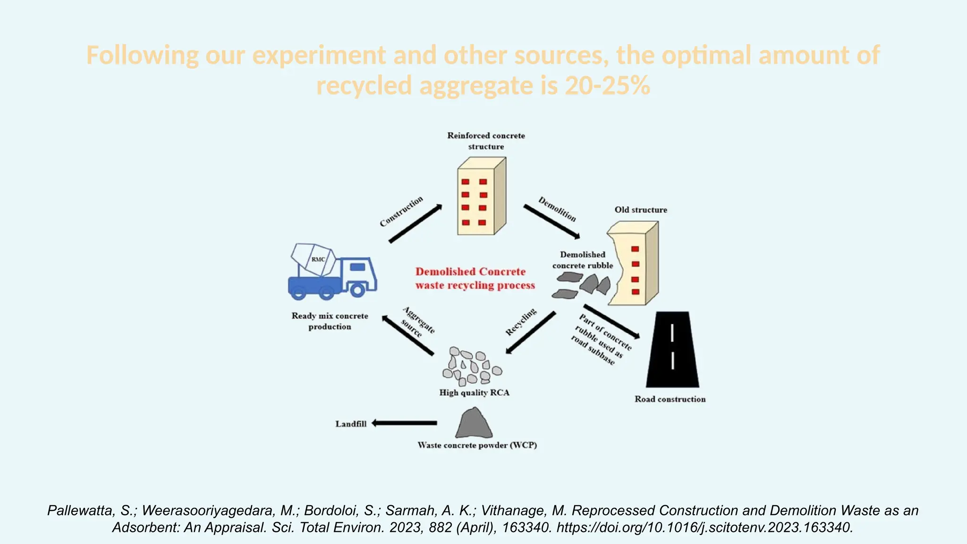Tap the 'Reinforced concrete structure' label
point(486,141)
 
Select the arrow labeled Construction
point(415,224)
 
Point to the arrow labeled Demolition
point(551,221)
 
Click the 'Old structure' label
point(641,210)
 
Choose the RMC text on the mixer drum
point(318,259)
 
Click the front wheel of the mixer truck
point(357,289)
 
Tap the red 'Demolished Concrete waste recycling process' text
point(475,278)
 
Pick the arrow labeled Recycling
point(531,332)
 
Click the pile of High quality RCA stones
point(472,366)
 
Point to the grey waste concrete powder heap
point(474,424)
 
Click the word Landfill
point(351,424)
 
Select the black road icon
point(672,349)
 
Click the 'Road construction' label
point(670,399)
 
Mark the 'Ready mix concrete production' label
point(330,321)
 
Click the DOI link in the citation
point(704,527)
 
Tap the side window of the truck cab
point(357,267)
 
